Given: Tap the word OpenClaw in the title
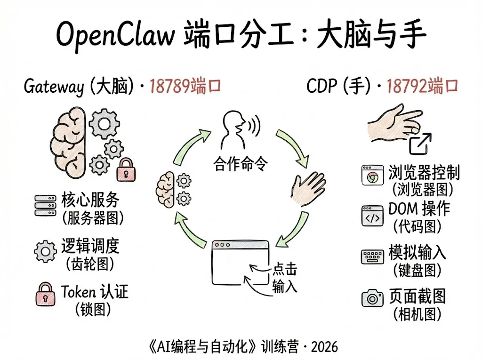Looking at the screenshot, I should click(x=114, y=34).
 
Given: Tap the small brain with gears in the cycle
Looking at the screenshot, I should click(x=173, y=188).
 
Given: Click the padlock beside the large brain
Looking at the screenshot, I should click(x=125, y=169).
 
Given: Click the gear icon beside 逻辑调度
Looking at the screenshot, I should click(x=46, y=251).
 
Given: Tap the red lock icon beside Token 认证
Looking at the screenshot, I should click(x=45, y=295).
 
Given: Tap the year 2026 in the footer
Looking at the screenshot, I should click(x=325, y=346).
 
